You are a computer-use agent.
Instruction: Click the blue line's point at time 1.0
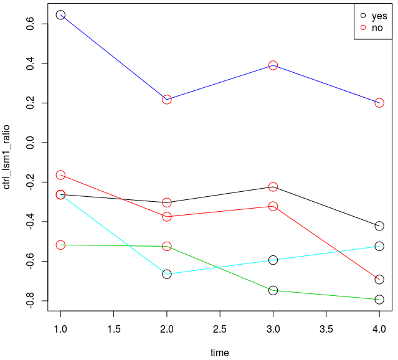(60, 14)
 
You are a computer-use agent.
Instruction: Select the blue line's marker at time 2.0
(167, 100)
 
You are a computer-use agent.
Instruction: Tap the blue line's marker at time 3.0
(273, 65)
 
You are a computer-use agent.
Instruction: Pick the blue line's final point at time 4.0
(379, 103)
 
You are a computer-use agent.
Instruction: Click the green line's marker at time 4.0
(379, 300)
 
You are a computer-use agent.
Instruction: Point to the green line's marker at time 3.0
(273, 290)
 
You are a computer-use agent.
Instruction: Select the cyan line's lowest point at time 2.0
(167, 274)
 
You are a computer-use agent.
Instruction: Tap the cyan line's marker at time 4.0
(379, 246)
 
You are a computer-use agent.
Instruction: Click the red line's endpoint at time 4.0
(379, 280)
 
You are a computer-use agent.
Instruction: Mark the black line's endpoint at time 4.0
(379, 225)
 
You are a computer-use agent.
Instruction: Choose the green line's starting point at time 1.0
(60, 245)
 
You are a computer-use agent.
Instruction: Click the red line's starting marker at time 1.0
(60, 175)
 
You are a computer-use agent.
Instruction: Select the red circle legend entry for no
(363, 28)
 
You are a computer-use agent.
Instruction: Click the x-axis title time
(219, 353)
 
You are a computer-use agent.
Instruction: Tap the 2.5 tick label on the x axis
(219, 328)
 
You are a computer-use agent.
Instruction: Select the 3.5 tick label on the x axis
(326, 328)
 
